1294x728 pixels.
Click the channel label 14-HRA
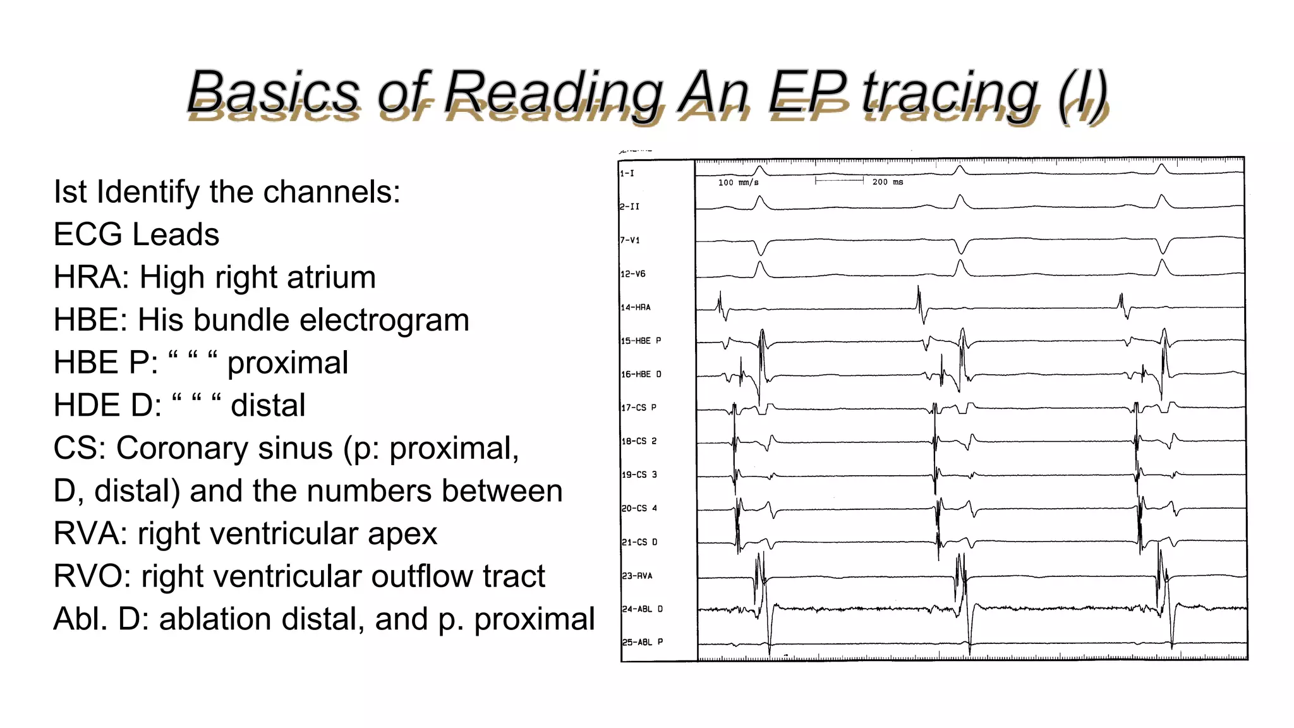(x=635, y=308)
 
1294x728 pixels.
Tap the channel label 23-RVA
(x=636, y=576)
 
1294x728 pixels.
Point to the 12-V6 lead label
(x=632, y=274)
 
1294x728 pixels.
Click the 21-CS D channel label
(x=639, y=542)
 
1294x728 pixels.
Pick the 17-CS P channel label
(x=638, y=408)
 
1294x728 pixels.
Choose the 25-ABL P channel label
(x=642, y=642)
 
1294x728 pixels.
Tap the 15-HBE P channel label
(x=641, y=341)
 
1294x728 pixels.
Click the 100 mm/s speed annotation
(x=738, y=183)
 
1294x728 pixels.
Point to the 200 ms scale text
(x=888, y=182)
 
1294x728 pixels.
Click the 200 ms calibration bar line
(x=839, y=181)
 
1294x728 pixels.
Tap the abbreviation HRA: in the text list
(x=92, y=277)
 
